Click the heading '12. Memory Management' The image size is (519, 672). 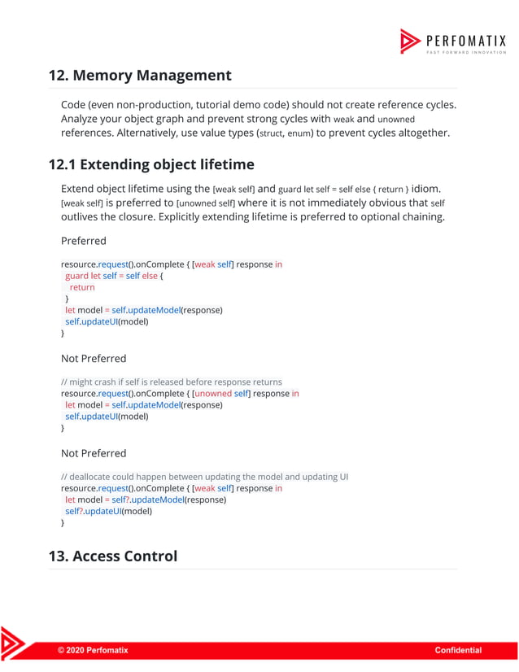coord(140,76)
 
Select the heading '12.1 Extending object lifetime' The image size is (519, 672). coord(151,164)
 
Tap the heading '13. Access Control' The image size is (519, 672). coord(113,556)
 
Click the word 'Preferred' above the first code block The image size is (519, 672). coord(84,241)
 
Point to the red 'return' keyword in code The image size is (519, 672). coord(82,287)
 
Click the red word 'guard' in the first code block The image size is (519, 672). coord(76,276)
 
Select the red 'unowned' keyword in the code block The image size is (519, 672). coord(213,393)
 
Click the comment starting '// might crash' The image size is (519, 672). coord(172,382)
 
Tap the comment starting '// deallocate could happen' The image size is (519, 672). coord(204,477)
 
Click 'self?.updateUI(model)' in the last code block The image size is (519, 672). coord(109,511)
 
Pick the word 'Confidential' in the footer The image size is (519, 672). coord(458,650)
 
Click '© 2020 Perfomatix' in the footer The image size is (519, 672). coord(93,650)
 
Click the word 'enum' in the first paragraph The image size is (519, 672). coord(299,133)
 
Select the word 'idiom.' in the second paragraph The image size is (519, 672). coord(429,189)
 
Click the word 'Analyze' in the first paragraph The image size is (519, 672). coord(83,118)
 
